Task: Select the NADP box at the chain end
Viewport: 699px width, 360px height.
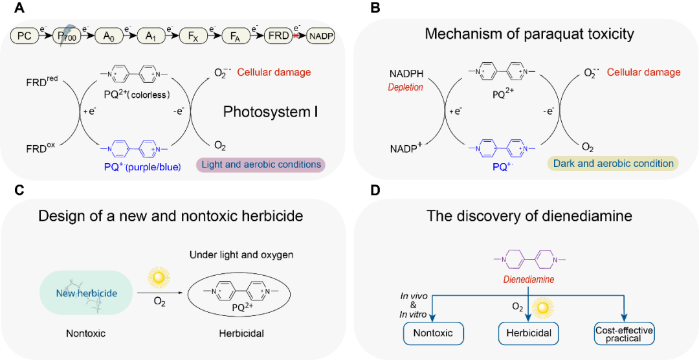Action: [322, 36]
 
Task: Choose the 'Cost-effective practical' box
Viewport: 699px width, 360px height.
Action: [624, 334]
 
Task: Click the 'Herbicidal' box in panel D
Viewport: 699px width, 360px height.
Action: [527, 334]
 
